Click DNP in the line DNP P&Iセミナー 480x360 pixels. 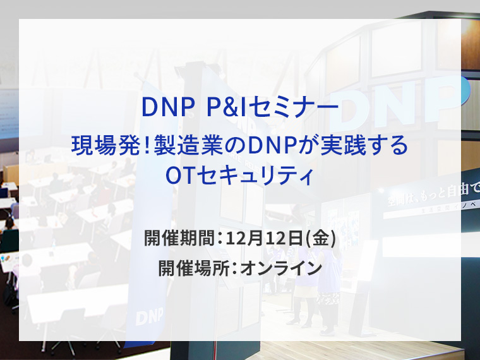click(x=166, y=109)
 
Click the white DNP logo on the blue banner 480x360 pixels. click(x=150, y=316)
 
